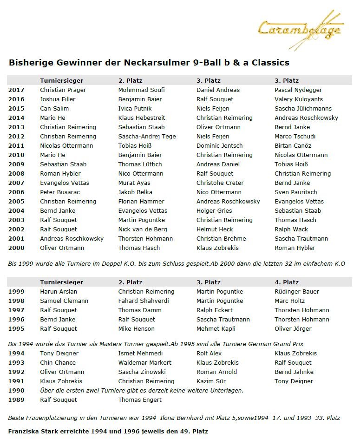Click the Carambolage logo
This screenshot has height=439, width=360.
[x=301, y=30]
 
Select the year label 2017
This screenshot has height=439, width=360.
[x=16, y=90]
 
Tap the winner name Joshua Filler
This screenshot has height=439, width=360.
[x=58, y=99]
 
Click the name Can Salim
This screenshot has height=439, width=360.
[x=54, y=108]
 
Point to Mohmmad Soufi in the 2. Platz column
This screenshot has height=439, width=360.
[x=141, y=90]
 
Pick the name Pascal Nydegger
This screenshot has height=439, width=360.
[x=298, y=90]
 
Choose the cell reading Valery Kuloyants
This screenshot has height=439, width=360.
[x=299, y=99]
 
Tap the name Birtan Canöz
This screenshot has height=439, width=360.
[x=293, y=145]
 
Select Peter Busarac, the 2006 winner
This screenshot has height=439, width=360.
[x=60, y=192]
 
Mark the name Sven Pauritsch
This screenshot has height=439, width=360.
[x=295, y=192]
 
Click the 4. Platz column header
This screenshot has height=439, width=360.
[x=287, y=282]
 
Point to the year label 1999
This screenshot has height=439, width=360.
[x=16, y=291]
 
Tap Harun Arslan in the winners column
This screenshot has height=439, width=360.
[x=58, y=291]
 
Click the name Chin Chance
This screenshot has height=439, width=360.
[x=58, y=362]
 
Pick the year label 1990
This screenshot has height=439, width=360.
[x=16, y=390]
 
